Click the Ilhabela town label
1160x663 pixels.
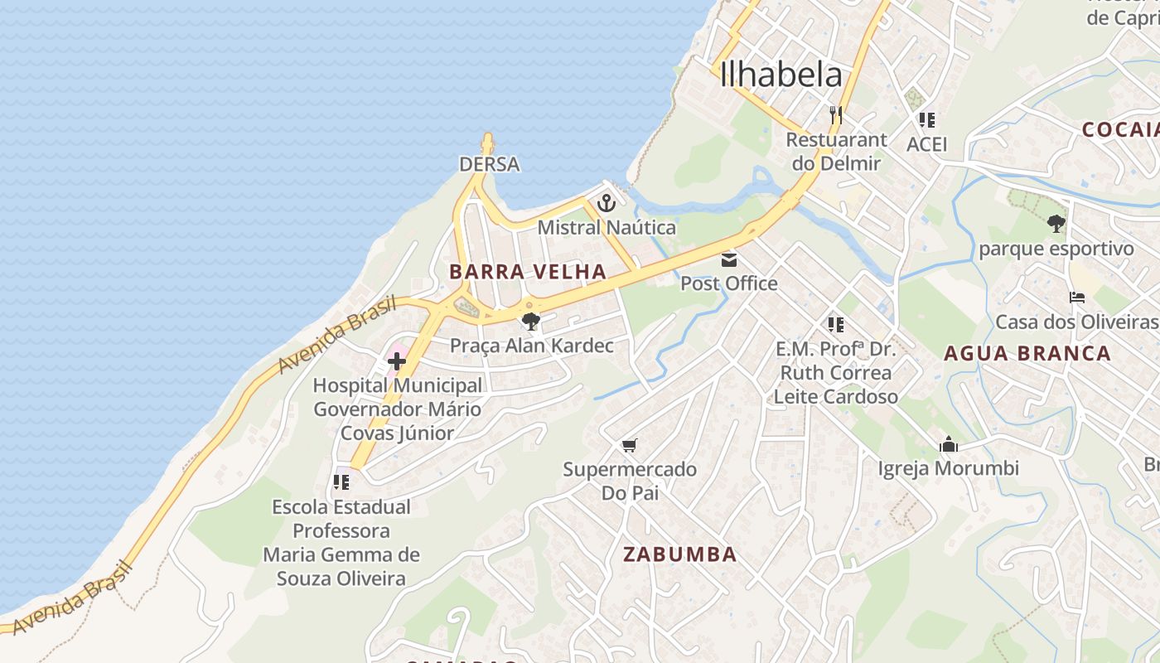coord(781,75)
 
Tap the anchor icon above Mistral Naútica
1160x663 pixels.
coord(607,202)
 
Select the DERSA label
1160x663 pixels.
coord(490,164)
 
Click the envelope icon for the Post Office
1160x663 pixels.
coord(729,260)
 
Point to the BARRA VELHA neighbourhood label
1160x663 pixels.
coord(528,272)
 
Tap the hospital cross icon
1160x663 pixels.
coord(397,361)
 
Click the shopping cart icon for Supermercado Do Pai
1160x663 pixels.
coord(630,446)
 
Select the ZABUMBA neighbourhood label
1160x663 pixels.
coord(679,554)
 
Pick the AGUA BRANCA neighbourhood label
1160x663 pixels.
coord(1027,354)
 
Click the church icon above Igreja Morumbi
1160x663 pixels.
coord(949,445)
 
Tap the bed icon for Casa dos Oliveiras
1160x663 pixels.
coord(1076,298)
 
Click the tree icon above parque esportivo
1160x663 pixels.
coord(1056,224)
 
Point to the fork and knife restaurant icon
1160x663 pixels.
coord(835,114)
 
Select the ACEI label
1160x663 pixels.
coord(926,144)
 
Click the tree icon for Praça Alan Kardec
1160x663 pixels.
coord(531,322)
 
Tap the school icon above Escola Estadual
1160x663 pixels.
coord(341,482)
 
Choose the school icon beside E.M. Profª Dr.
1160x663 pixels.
coord(835,324)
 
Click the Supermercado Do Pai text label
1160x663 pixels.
coord(630,481)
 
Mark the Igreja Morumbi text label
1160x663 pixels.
coord(949,468)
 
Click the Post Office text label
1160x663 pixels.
coord(729,283)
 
